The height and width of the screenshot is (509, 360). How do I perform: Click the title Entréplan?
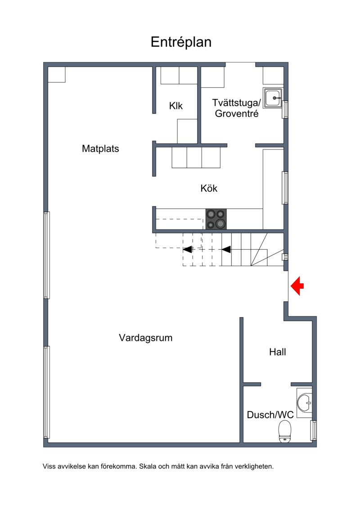tap(181, 42)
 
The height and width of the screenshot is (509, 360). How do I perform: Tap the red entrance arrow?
tap(297, 286)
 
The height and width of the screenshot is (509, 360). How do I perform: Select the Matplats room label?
tap(100, 149)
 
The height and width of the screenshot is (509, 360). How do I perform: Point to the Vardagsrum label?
tap(145, 338)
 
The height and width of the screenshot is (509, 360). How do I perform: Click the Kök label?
tap(209, 188)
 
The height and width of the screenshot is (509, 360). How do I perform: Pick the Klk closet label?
tap(175, 106)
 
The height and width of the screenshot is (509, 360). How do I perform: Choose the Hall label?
tap(278, 352)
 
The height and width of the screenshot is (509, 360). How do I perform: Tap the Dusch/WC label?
tap(270, 414)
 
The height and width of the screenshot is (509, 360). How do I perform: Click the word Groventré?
tap(237, 113)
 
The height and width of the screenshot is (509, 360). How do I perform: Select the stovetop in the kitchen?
tap(216, 219)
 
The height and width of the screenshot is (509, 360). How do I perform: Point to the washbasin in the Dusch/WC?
tap(305, 403)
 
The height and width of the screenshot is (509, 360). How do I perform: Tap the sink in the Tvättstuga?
tap(272, 98)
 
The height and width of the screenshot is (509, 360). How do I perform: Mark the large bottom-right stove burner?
tap(220, 223)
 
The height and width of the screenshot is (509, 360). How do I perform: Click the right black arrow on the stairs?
tap(226, 249)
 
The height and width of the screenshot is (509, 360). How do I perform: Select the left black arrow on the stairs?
tap(187, 249)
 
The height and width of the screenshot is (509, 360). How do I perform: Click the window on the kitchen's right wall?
tap(285, 188)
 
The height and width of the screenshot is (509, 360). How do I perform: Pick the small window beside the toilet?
tap(313, 430)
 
